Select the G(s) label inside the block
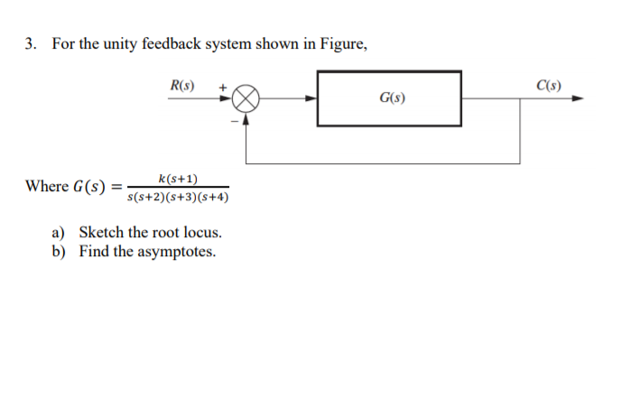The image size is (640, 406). tap(390, 97)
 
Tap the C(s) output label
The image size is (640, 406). tap(548, 87)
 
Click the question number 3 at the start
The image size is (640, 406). tap(30, 43)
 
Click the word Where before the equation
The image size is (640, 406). tap(47, 186)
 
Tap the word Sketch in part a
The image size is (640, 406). tap(101, 233)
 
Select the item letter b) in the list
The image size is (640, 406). tap(59, 251)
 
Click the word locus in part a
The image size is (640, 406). tap(203, 233)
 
